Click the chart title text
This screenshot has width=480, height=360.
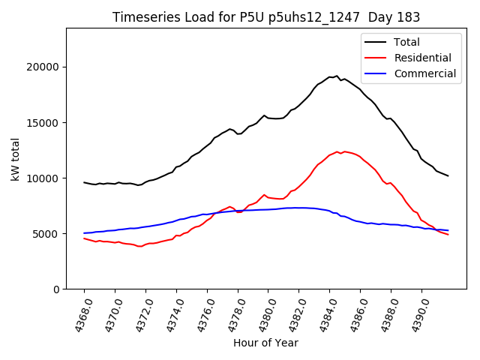(266, 17)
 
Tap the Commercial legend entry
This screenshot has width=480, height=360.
(424, 73)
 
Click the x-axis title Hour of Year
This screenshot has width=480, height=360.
(265, 343)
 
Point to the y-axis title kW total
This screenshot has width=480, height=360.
(16, 159)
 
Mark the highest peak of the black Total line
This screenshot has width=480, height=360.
(337, 76)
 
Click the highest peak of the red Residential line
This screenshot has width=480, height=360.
(337, 151)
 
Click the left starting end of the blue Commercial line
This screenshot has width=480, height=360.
(84, 233)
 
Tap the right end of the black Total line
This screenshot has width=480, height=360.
(448, 176)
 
